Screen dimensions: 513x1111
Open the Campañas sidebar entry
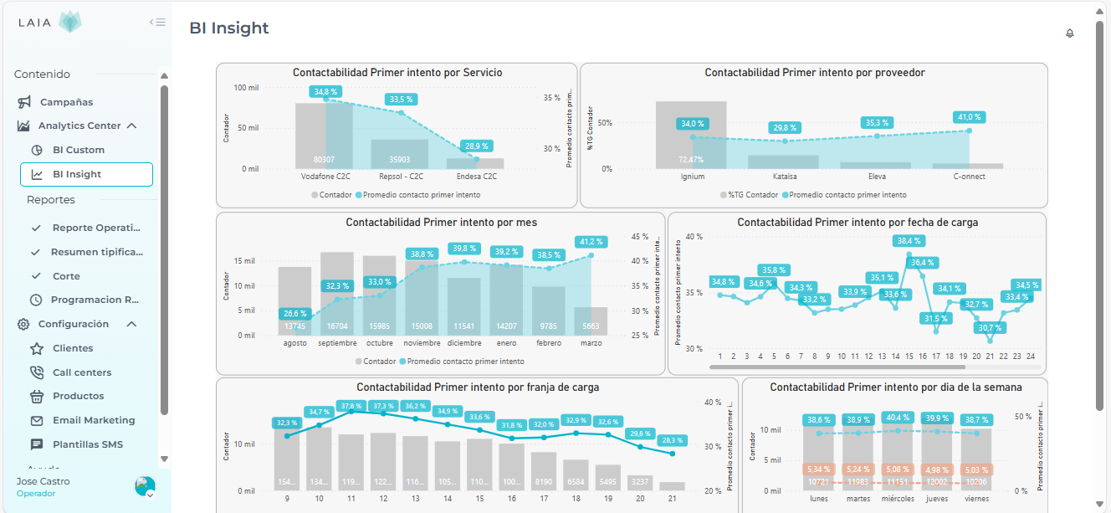click(x=66, y=102)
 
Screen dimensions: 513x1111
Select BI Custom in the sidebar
click(x=78, y=150)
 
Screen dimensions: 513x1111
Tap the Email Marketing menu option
click(x=93, y=420)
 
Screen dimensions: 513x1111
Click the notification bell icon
click(x=1069, y=33)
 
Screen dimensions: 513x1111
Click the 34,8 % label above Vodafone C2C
click(x=325, y=91)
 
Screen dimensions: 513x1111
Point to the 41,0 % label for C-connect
click(x=969, y=117)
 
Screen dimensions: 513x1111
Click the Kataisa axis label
click(x=785, y=177)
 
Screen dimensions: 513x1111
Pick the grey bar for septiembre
click(x=337, y=293)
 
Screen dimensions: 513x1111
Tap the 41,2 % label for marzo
click(x=591, y=242)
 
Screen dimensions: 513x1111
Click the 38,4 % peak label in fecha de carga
click(x=909, y=241)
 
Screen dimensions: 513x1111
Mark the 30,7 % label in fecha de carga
click(x=990, y=327)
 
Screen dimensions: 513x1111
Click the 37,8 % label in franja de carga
click(x=351, y=405)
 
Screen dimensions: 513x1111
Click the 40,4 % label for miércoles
click(x=898, y=417)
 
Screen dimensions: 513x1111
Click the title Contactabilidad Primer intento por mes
click(x=441, y=223)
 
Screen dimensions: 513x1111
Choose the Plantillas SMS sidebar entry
click(x=87, y=444)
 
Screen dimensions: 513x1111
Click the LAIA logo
click(x=50, y=23)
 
